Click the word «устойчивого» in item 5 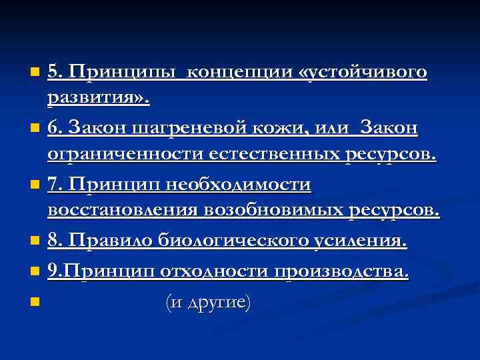(364, 71)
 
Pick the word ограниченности (125, 155)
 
